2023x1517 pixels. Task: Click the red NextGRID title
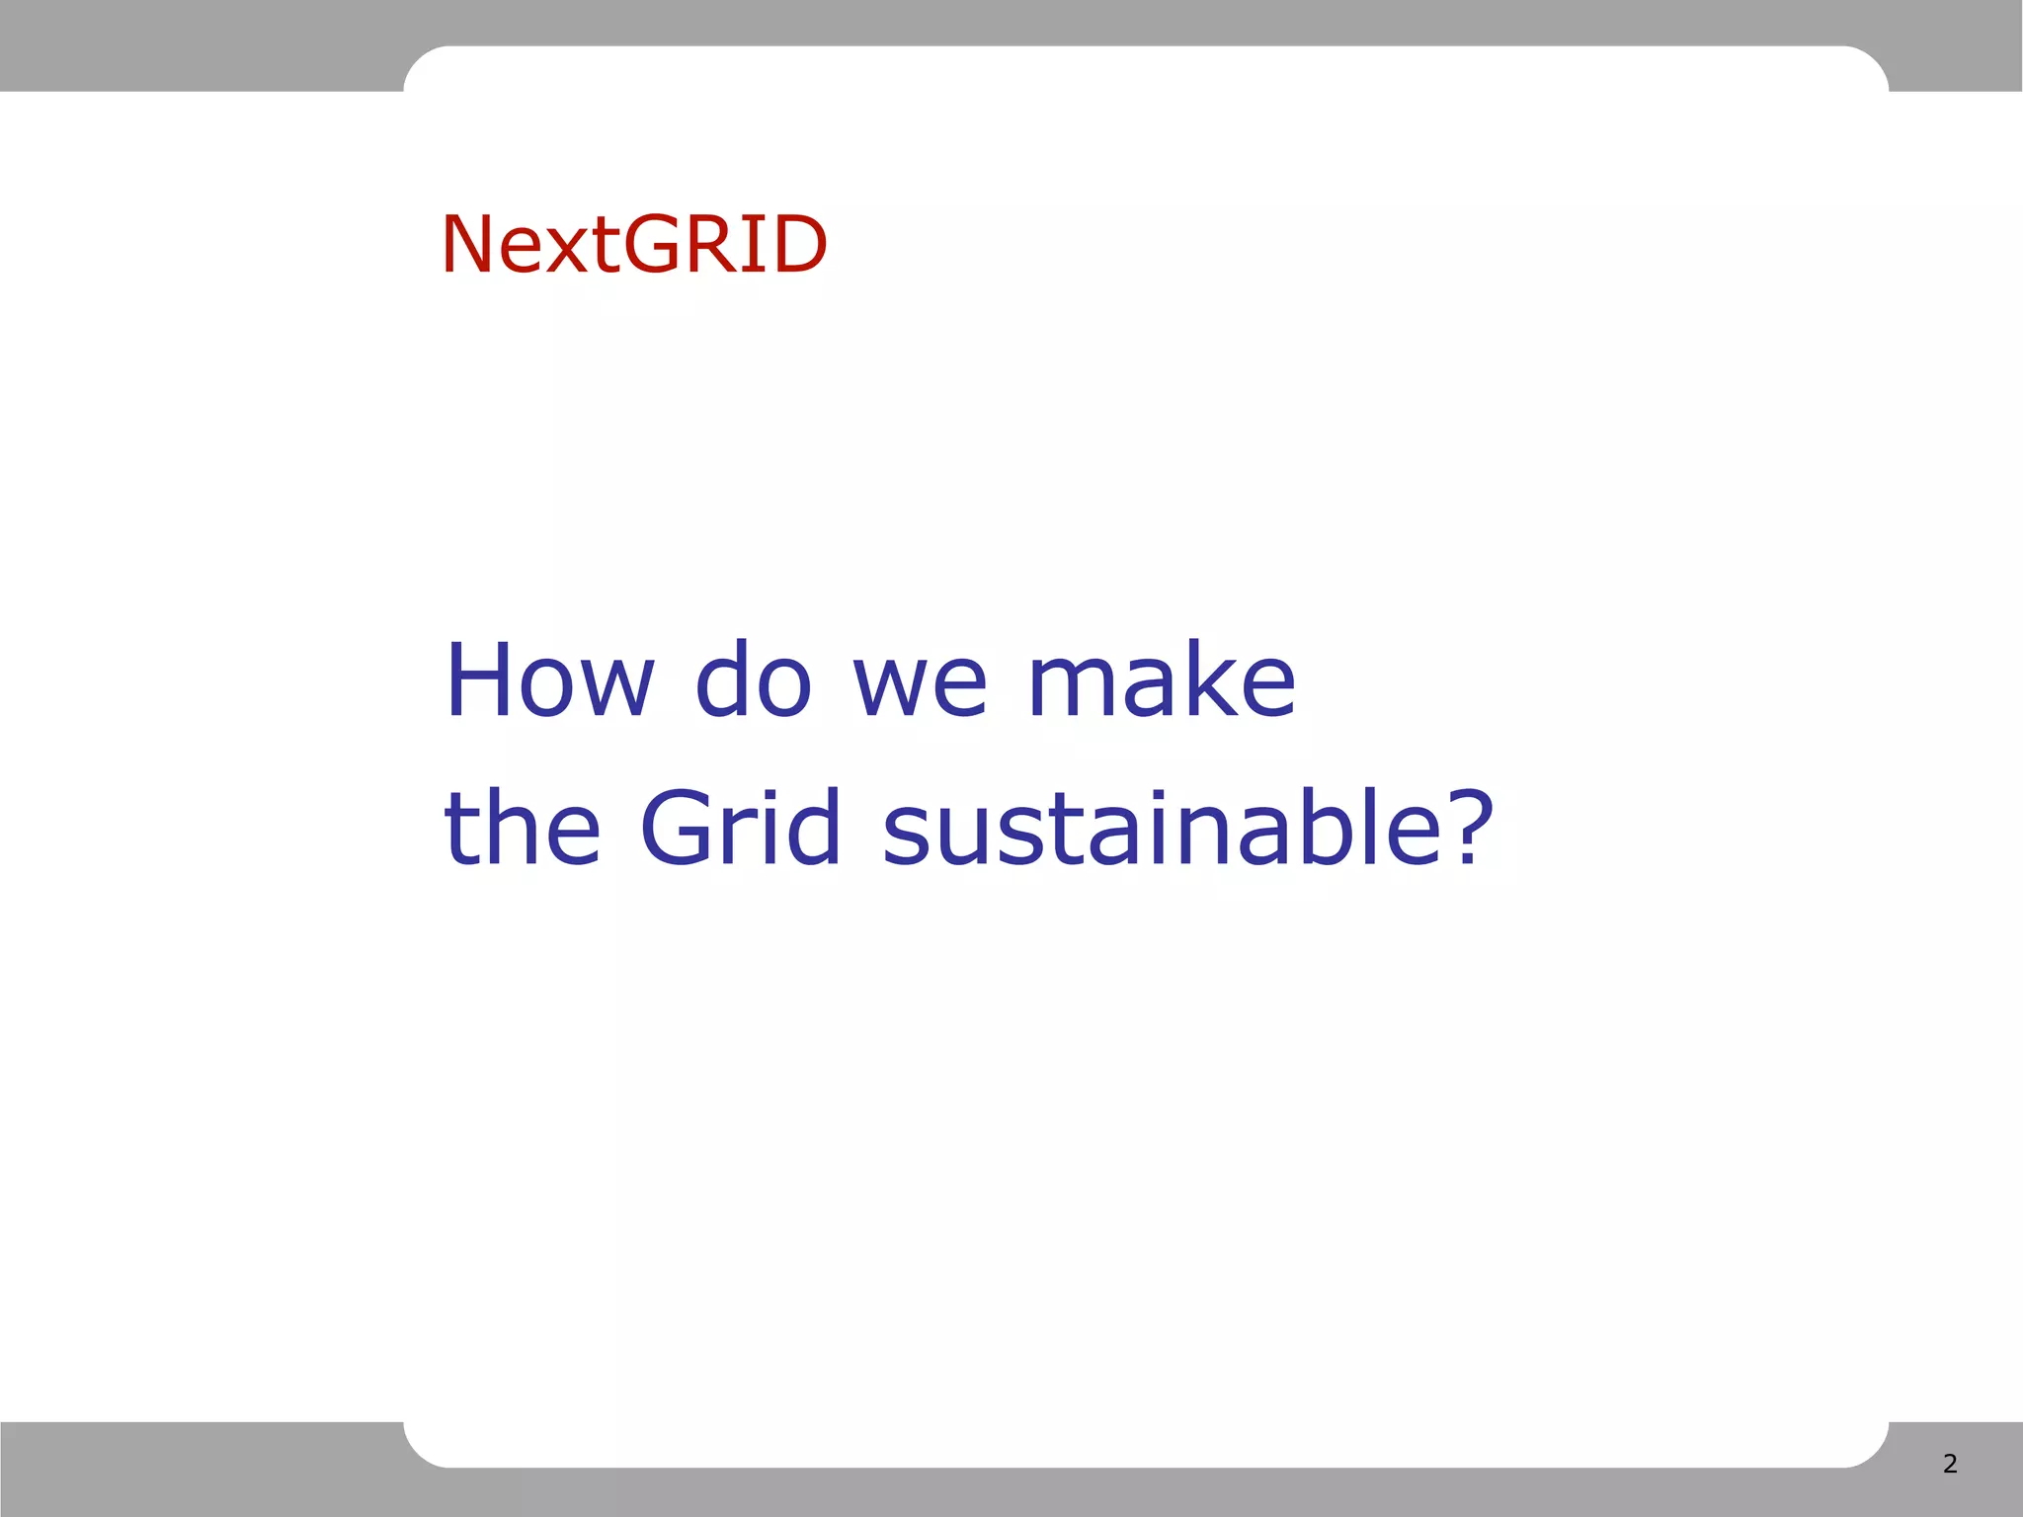[x=633, y=244]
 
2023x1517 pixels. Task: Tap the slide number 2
[x=1950, y=1464]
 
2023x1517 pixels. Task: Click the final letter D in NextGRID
[x=797, y=244]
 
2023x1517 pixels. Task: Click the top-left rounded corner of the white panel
[x=419, y=61]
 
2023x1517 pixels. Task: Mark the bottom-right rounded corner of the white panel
[x=1873, y=1452]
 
